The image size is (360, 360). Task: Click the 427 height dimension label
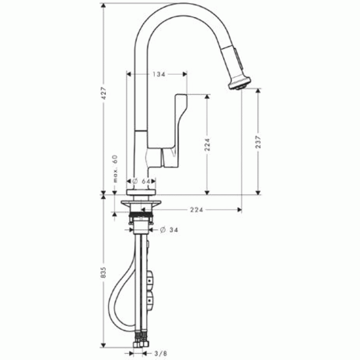pos(104,93)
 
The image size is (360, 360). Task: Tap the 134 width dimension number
pos(159,74)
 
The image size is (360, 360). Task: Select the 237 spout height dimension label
pos(258,142)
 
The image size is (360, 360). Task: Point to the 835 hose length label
pos(103,273)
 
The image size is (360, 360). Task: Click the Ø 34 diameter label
pos(169,230)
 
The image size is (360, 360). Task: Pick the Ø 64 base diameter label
pos(141,181)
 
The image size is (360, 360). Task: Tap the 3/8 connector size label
pos(161,353)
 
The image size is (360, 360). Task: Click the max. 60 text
pos(115,168)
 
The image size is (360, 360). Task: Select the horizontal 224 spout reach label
pos(197,210)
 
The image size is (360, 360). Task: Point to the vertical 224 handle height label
pos(207,144)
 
